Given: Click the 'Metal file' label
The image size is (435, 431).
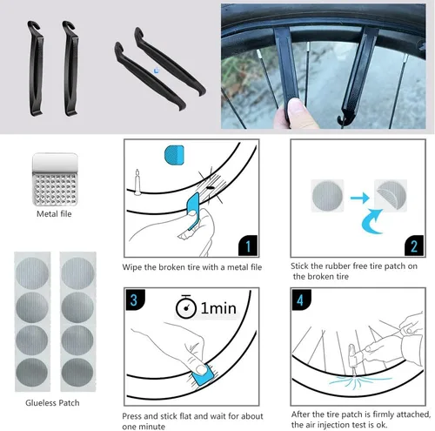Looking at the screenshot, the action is click(x=54, y=214).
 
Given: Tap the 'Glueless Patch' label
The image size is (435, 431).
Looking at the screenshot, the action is click(x=52, y=403).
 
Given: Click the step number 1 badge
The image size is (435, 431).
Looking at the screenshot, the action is click(x=248, y=246).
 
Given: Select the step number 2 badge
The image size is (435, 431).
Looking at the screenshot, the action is click(x=414, y=246).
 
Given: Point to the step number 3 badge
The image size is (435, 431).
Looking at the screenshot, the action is click(x=134, y=300).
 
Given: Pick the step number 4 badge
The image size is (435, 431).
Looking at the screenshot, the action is click(x=301, y=300).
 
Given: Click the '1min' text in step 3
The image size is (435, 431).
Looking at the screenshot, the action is click(x=218, y=308).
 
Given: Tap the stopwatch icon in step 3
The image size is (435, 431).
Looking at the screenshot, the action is click(x=186, y=306).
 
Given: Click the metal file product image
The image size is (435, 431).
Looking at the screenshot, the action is click(x=55, y=179).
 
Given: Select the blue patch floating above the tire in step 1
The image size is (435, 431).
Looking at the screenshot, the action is click(x=174, y=155).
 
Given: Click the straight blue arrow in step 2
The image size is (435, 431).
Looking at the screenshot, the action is click(x=359, y=199).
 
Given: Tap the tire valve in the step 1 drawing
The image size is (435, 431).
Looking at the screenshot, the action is click(x=137, y=182).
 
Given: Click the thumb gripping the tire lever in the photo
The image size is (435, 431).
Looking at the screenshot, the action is click(x=296, y=111).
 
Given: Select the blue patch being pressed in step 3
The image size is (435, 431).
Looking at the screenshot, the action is click(x=203, y=375).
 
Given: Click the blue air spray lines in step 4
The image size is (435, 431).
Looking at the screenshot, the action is click(x=358, y=380).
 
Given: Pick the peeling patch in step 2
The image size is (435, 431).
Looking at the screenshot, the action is click(x=391, y=195).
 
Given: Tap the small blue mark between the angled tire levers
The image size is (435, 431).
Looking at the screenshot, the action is click(x=157, y=71).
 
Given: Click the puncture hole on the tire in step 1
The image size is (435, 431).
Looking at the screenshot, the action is click(x=211, y=188).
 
